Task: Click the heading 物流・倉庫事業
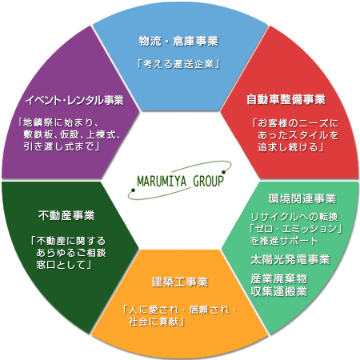tap(178, 42)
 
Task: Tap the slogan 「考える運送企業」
tap(178, 64)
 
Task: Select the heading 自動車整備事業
tap(286, 99)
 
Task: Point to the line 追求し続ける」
tap(290, 147)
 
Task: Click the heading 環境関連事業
tap(302, 198)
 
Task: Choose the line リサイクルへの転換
tap(294, 217)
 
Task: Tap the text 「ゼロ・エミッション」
tap(295, 229)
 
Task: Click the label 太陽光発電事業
tap(290, 259)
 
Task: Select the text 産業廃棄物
tap(279, 279)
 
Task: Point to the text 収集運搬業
tap(279, 291)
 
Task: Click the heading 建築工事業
tap(179, 282)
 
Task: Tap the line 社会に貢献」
tap(157, 322)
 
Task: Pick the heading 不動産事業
tap(66, 215)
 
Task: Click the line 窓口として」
tap(64, 265)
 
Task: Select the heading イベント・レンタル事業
tap(74, 100)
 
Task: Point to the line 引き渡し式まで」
tap(62, 146)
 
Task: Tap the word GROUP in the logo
tap(208, 181)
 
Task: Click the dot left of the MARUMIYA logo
tap(133, 190)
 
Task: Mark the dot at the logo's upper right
tap(223, 172)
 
